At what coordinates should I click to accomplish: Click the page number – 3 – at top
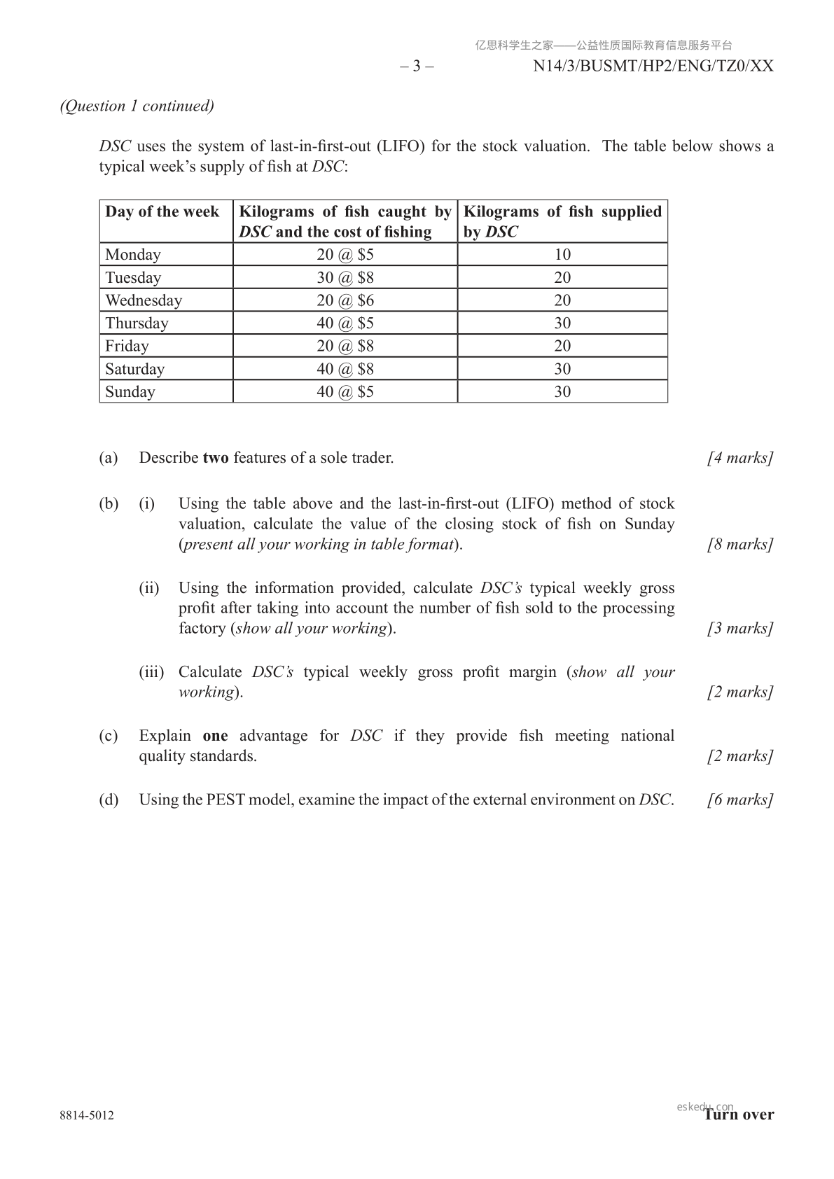pos(417,67)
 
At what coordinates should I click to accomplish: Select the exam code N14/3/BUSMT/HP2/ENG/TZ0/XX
pos(653,67)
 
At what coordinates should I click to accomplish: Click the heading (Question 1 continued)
pos(137,106)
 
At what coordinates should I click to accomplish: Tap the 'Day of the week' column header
pos(162,212)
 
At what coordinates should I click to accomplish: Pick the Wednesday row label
pos(144,300)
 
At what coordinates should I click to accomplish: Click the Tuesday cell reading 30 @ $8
pos(345,277)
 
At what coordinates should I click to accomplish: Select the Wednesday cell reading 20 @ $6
pos(345,300)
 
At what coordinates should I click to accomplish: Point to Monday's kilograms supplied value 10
pos(562,254)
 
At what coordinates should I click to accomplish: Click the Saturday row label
pos(135,369)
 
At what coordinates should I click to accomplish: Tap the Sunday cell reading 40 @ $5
pos(345,391)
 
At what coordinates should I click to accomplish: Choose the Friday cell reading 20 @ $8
pos(345,346)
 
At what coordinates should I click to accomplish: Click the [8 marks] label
pos(740,544)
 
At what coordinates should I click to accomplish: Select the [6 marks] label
pos(740,800)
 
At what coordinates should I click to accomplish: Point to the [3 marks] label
pos(740,628)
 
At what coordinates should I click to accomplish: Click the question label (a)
pos(109,458)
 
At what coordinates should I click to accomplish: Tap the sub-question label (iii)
pos(151,672)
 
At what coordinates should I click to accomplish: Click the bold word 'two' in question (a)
pos(216,458)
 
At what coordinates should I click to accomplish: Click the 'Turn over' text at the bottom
pos(739,1115)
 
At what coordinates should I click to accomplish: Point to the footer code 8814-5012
pos(87,1115)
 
